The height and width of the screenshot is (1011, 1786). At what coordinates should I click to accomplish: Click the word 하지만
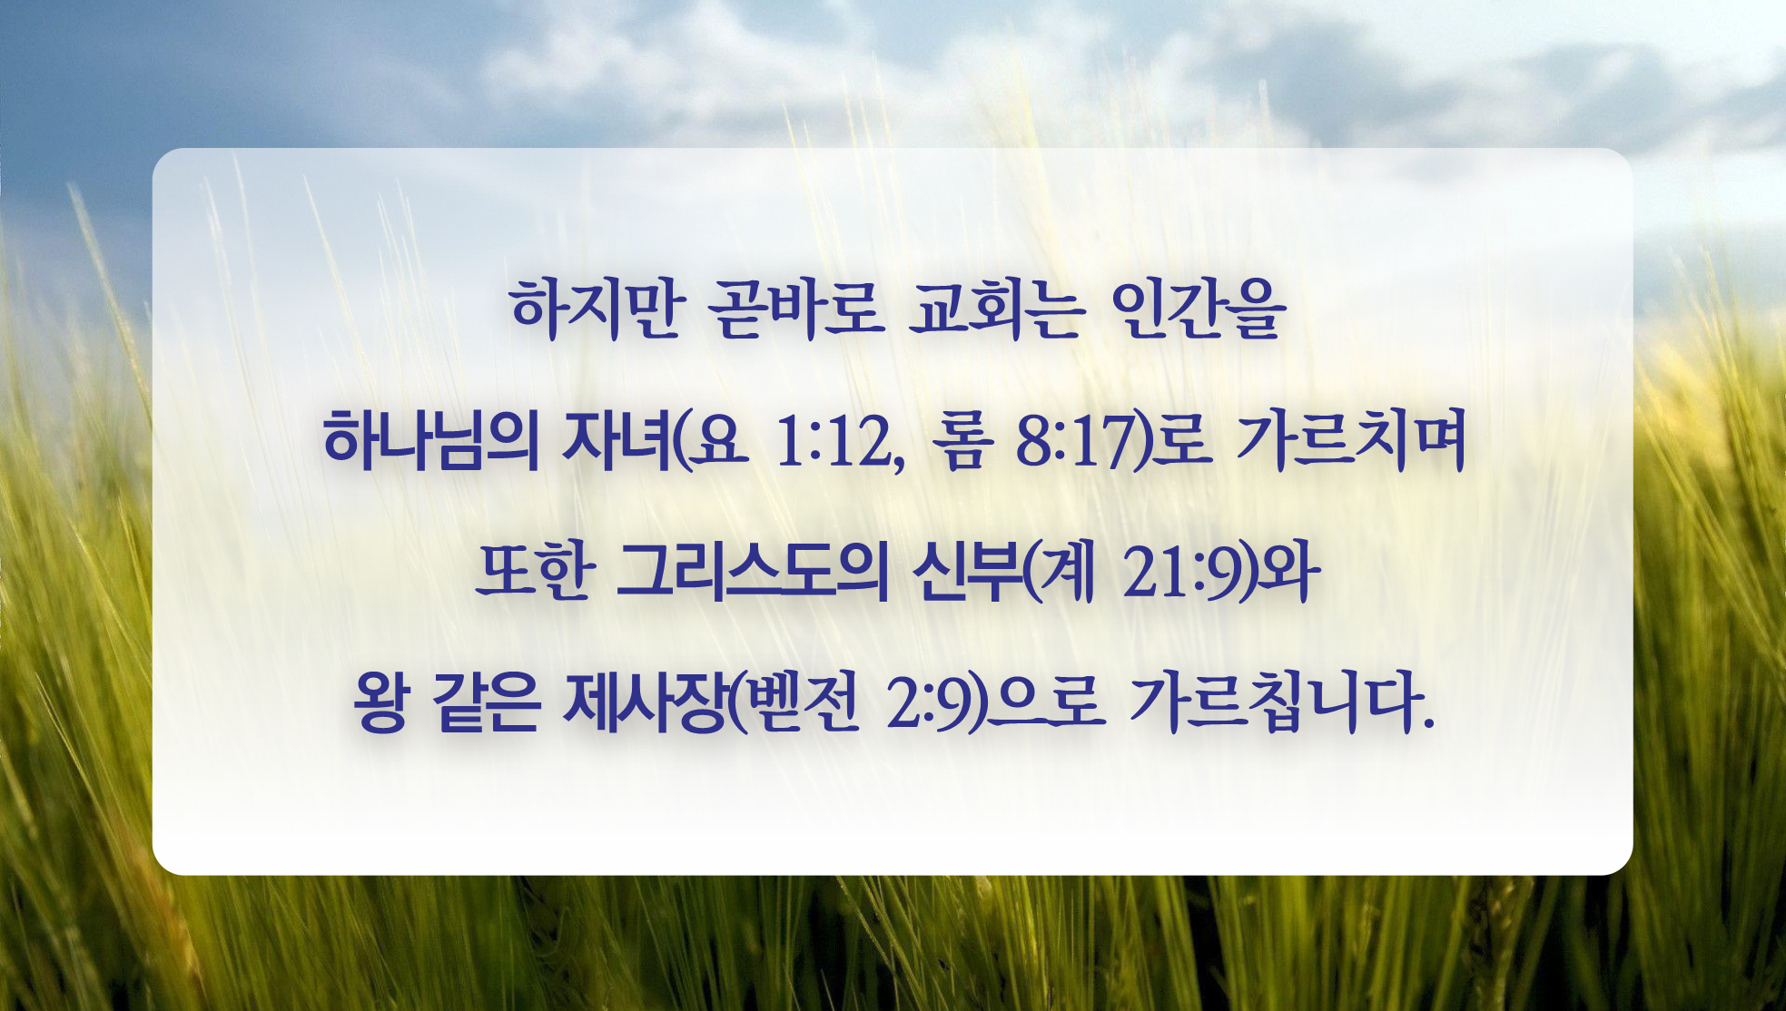595,309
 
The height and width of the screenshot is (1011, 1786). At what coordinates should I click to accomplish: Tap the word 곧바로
796,309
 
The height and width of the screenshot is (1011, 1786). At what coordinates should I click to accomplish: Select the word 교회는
996,309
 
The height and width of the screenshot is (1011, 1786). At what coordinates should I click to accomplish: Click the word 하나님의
431,441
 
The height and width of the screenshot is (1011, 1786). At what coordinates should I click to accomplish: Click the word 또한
535,573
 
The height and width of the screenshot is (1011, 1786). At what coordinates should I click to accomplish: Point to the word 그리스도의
752,573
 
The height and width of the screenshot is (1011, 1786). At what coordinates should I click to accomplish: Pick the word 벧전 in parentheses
802,704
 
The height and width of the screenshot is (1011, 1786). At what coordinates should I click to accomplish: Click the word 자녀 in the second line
617,441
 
